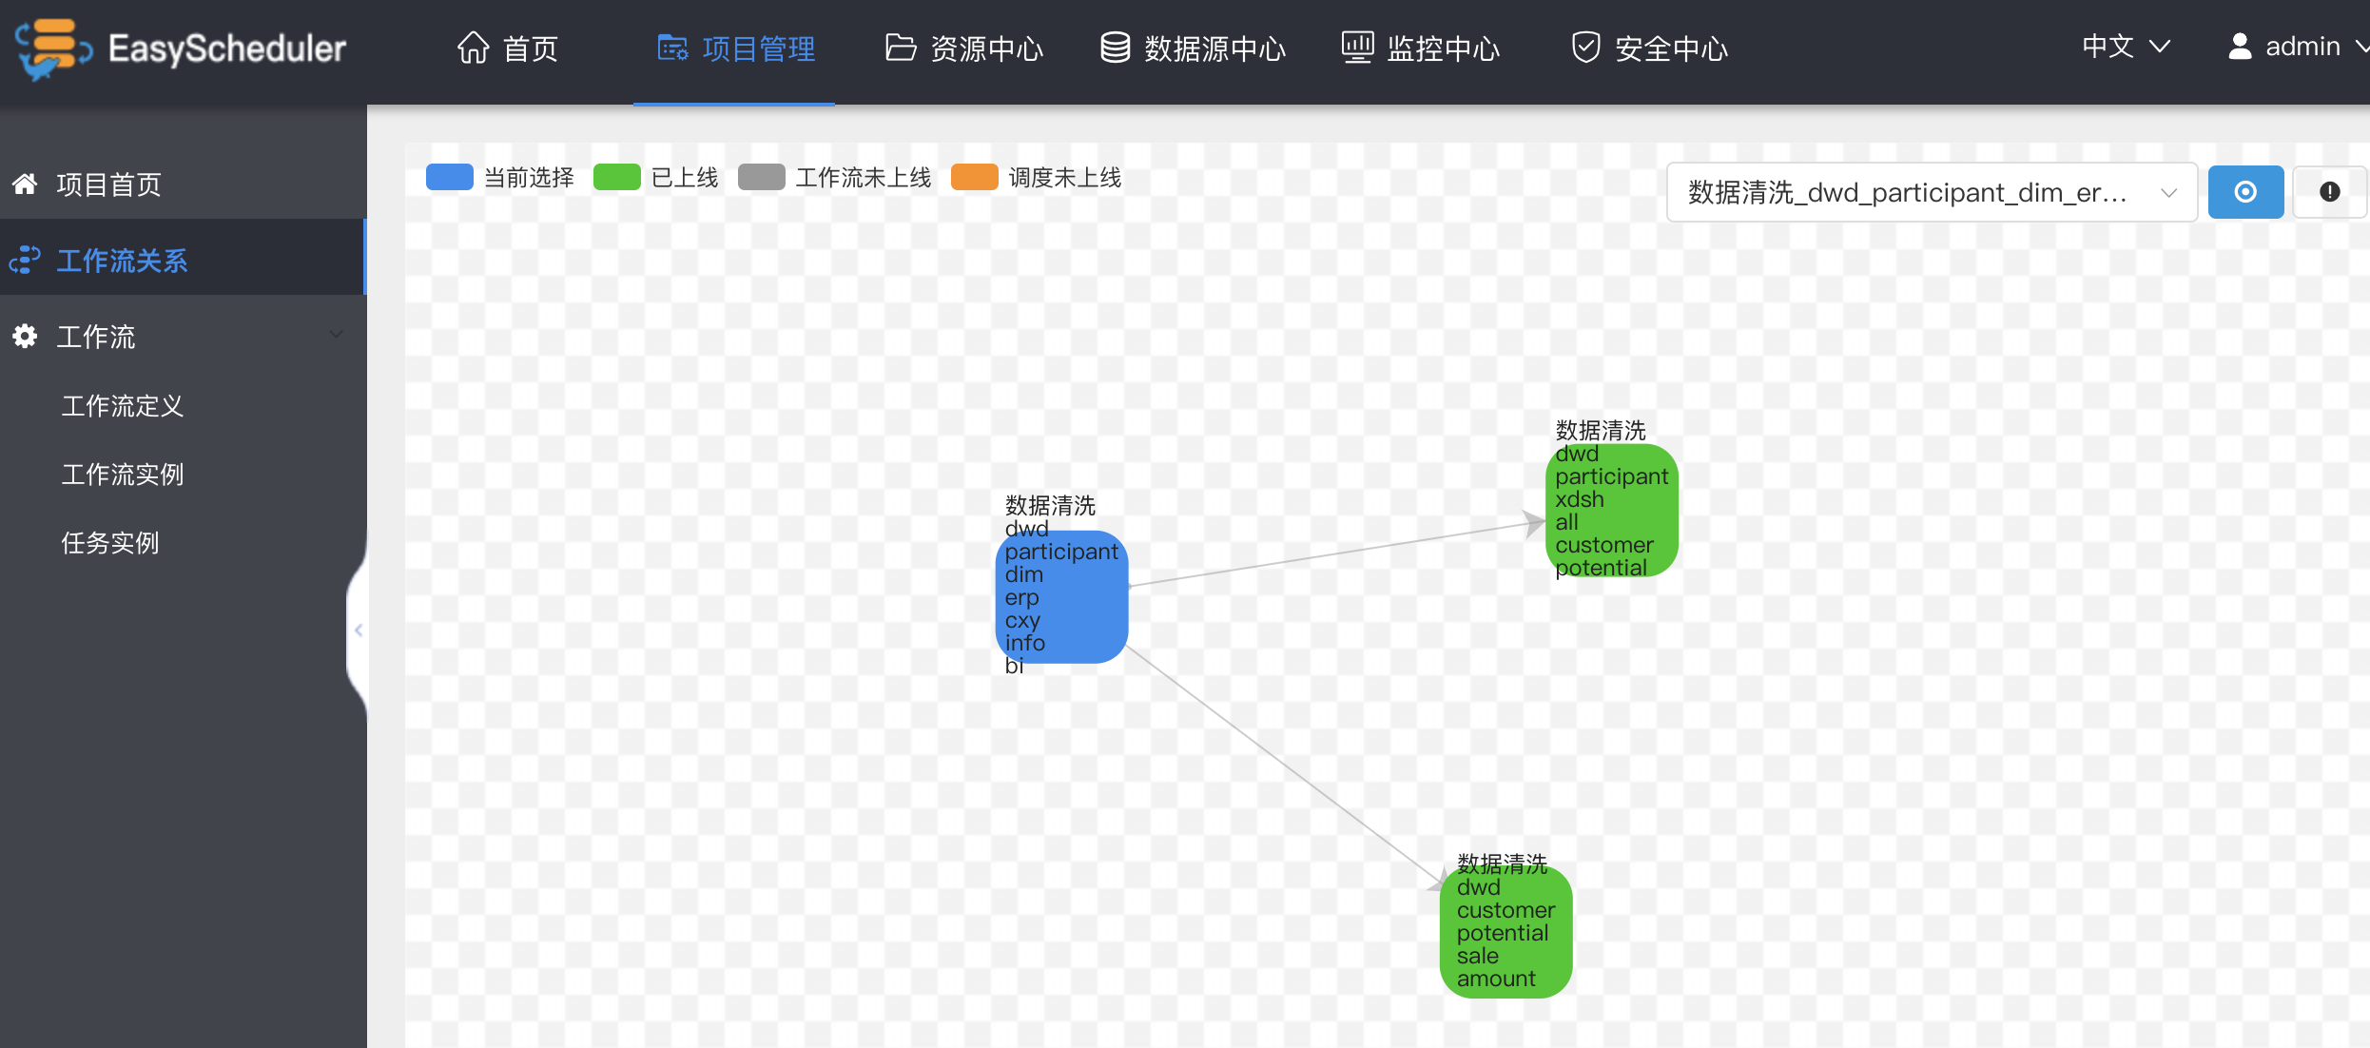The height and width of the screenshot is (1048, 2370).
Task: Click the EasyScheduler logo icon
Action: [x=53, y=49]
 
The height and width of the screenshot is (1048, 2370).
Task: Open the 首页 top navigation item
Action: [x=508, y=48]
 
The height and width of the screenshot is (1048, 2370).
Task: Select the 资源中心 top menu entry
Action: [x=964, y=48]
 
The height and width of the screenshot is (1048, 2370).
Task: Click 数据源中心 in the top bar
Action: [x=1193, y=48]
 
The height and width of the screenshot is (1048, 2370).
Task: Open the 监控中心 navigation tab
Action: [x=1421, y=48]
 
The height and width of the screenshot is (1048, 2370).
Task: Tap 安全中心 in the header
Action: [x=1650, y=48]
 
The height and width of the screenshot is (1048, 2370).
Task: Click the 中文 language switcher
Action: [x=2126, y=47]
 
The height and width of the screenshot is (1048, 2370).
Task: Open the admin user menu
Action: [x=2296, y=47]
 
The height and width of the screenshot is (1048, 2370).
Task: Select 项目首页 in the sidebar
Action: [x=108, y=184]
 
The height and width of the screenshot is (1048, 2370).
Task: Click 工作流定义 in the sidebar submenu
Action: [x=123, y=406]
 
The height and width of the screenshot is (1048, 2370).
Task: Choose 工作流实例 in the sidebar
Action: [x=123, y=475]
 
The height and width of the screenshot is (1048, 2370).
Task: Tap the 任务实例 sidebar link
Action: [x=110, y=543]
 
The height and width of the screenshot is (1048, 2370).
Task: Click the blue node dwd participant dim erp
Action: [x=1061, y=597]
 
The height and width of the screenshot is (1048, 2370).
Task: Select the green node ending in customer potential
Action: [x=1612, y=511]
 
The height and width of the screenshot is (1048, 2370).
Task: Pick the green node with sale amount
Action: [x=1506, y=932]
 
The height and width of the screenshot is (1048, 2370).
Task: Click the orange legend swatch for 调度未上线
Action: [x=975, y=177]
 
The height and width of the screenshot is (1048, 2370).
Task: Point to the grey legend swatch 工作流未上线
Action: [x=762, y=177]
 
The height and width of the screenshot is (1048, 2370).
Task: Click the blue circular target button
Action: [x=2245, y=192]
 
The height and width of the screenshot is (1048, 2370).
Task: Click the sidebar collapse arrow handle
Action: [x=359, y=631]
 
